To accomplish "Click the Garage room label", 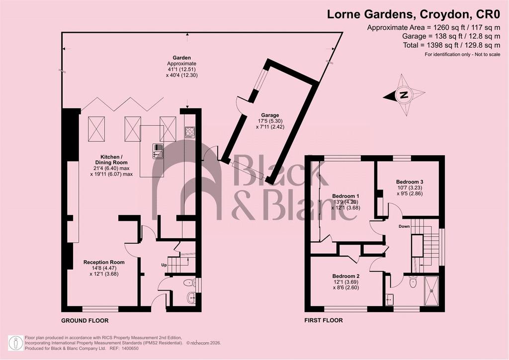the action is [x=270, y=115].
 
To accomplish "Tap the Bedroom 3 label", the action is [x=410, y=182].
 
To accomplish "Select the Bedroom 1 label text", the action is [x=345, y=196].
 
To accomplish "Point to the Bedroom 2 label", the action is [x=346, y=276].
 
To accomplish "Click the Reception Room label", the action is [x=104, y=262].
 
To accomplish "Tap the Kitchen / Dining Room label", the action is [x=111, y=160].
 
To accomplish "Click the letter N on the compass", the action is [x=404, y=95].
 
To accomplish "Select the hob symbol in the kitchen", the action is [x=190, y=132].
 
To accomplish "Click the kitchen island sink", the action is [x=158, y=151].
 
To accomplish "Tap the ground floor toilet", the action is [x=189, y=283].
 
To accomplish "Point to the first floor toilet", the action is [x=413, y=282].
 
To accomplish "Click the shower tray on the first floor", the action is [x=432, y=291].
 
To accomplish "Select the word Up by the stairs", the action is [x=164, y=265].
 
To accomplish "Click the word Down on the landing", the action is [x=404, y=226].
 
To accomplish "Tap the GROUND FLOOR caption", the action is [x=85, y=321].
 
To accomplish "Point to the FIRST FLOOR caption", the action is [x=323, y=320].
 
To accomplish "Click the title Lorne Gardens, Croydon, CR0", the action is [x=414, y=14].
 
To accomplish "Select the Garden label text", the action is [x=182, y=58].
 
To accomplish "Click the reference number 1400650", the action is [x=131, y=348].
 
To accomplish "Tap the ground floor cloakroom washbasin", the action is [x=191, y=297].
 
